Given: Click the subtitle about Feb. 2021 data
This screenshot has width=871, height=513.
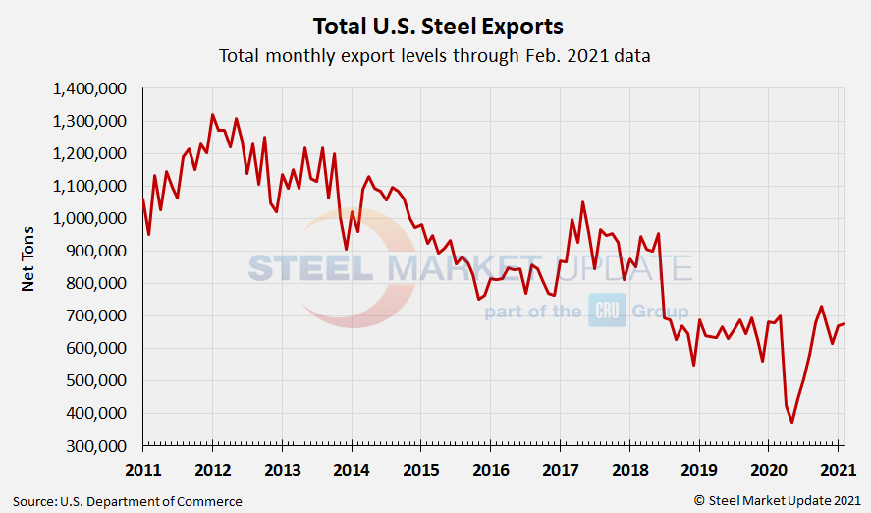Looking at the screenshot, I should (x=435, y=56).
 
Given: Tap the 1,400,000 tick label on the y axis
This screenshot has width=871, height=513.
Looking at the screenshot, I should (x=88, y=89).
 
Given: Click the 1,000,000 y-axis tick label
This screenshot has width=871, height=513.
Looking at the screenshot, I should (x=88, y=219).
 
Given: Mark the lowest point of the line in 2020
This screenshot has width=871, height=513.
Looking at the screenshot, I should (x=791, y=422).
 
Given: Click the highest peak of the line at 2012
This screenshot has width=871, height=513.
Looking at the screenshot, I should (x=213, y=115).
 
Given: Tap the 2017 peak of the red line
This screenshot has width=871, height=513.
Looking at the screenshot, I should (x=582, y=202).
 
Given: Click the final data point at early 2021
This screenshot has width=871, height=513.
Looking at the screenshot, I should (x=844, y=324).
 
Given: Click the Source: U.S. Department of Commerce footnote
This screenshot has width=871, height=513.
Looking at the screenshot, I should (x=128, y=501).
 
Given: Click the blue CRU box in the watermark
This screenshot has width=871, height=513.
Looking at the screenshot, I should (x=607, y=311).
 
